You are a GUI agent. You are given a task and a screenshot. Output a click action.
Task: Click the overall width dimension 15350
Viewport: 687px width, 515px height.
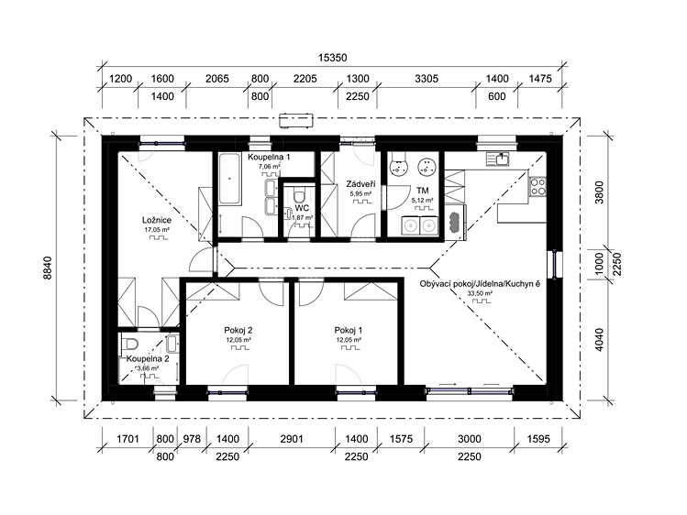pos(332,58)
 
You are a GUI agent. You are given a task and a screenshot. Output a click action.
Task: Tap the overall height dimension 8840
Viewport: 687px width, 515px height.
pos(48,268)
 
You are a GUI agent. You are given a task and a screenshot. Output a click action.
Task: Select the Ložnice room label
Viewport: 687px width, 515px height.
pos(157,220)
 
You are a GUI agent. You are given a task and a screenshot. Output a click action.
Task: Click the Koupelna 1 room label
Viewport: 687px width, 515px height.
pos(269,157)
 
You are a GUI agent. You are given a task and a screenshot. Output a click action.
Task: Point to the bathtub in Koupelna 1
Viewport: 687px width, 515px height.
pos(229,179)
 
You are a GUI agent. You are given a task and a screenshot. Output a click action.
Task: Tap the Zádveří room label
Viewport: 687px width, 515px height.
pos(360,184)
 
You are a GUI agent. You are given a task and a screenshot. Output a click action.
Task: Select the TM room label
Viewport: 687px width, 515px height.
pos(422,191)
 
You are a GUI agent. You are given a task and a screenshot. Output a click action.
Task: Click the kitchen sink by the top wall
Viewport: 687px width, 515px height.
pos(497,159)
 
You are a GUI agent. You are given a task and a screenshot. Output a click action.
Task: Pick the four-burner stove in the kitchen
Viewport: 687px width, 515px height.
pos(538,187)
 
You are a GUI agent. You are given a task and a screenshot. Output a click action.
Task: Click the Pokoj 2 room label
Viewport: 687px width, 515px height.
pos(238,331)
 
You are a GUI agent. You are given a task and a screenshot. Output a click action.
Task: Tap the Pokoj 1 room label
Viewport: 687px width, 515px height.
pos(349,331)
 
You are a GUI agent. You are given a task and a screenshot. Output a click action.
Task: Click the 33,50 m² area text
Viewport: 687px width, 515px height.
pos(480,293)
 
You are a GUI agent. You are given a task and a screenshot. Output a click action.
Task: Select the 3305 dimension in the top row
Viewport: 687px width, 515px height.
pos(426,79)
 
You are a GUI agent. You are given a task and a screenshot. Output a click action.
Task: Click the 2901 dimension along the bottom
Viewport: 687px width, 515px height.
pos(292,439)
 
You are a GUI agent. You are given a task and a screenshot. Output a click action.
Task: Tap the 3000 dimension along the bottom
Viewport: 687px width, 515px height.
pos(470,439)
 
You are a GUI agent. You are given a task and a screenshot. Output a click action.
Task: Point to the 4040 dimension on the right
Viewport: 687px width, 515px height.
pos(599,340)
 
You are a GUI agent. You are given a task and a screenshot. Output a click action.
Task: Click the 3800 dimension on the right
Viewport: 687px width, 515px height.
pos(599,192)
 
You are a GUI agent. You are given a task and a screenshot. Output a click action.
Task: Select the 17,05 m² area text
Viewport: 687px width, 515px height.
pos(157,230)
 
